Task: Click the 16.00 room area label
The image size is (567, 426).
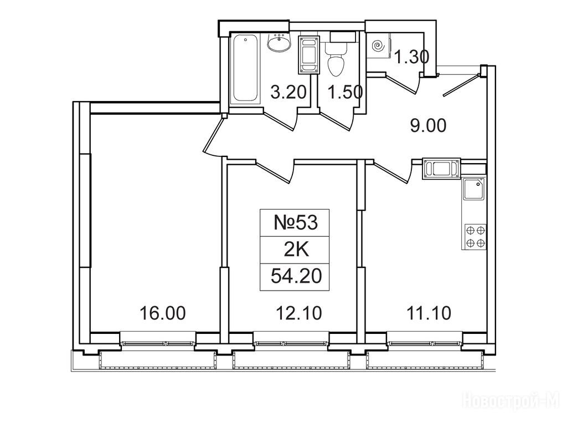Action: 163,313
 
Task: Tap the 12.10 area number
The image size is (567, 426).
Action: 298,313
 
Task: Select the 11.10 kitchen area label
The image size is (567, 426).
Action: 429,313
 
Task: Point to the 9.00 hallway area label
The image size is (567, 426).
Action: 428,126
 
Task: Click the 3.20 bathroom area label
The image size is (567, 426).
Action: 288,92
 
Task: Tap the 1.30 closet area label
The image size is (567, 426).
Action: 412,57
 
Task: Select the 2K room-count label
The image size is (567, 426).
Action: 296,250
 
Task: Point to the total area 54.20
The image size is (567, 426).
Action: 296,277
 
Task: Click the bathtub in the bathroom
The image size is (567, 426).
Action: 245,69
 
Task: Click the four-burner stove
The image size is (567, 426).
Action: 475,237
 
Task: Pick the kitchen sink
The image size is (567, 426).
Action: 474,189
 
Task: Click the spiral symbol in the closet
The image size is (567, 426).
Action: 377,46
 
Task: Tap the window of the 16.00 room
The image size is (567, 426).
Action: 158,341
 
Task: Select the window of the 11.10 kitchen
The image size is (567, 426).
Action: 425,341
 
